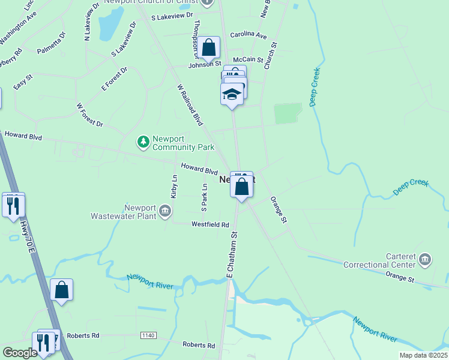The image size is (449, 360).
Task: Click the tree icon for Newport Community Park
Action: [143, 142]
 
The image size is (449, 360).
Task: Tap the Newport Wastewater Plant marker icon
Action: [166, 211]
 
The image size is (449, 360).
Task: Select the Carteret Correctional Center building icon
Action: [425, 259]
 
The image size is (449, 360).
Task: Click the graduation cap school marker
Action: [232, 95]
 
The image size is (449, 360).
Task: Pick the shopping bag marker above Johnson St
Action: [209, 47]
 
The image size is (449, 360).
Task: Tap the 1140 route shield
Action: [148, 335]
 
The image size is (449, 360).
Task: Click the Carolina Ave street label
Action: [248, 35]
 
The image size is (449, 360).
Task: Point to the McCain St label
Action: [248, 60]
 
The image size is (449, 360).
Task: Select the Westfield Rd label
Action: [210, 225]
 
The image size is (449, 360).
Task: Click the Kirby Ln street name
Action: [174, 187]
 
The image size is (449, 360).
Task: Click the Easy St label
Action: [23, 82]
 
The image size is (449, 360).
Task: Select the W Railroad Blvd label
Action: [190, 104]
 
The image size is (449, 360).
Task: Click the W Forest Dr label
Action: [89, 115]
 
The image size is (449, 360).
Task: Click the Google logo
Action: [20, 353]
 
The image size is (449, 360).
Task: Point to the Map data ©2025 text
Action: [423, 355]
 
